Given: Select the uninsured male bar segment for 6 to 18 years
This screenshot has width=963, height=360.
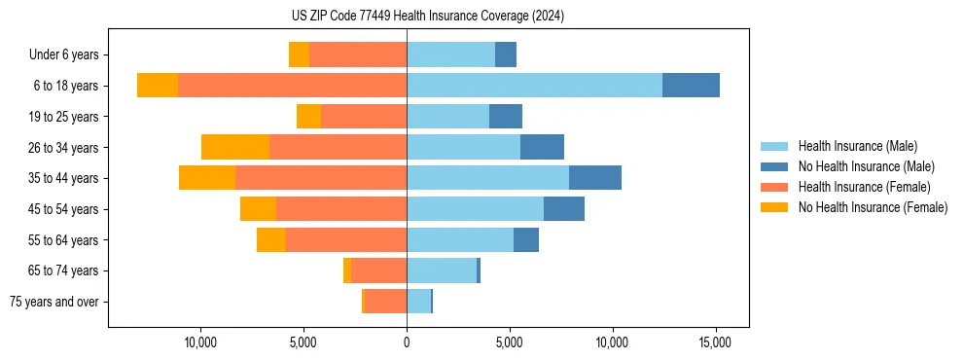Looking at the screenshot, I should pos(691,86).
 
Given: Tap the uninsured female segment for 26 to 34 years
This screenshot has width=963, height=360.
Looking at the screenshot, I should pos(235,147).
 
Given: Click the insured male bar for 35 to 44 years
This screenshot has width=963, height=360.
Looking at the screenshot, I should pos(487,178).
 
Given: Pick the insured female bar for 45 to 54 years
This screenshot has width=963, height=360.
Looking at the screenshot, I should pos(341,209).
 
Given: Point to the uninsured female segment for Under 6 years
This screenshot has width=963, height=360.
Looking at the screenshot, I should pos(299,54).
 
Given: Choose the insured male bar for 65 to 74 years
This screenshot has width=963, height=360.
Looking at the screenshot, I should pos(442,270).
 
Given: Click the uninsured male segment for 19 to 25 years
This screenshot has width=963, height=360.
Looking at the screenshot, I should pos(506,117).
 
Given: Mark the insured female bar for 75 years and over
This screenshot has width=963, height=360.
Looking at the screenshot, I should pos(385,302).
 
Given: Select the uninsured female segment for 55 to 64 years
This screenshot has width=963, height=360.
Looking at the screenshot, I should pos(271,239).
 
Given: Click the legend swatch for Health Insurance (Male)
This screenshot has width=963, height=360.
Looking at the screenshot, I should pos(774,146).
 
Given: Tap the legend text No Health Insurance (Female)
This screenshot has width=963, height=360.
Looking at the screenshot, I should pos(873,207).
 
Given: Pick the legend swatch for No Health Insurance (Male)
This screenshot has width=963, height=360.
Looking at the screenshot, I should pos(774,166).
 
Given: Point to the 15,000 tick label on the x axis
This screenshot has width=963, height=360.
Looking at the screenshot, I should pos(716,342).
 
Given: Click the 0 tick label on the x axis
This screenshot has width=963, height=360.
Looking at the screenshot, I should pos(407,342).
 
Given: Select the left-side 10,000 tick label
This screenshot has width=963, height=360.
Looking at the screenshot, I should pos(200,342).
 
